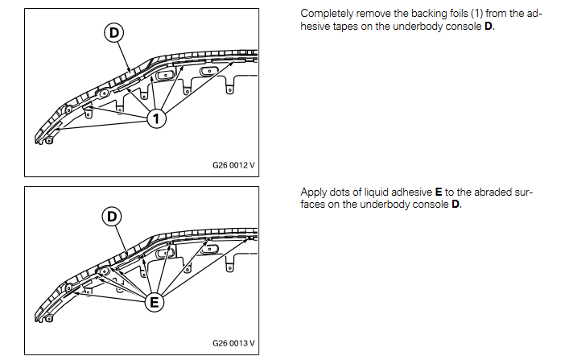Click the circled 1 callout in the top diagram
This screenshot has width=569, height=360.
pos(157,119)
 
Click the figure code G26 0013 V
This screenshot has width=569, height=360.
pos(233,343)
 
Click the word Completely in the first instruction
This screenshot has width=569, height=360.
pos(324,14)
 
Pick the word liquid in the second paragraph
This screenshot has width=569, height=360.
pos(374,192)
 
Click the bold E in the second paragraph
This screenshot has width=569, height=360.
pos(439,192)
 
